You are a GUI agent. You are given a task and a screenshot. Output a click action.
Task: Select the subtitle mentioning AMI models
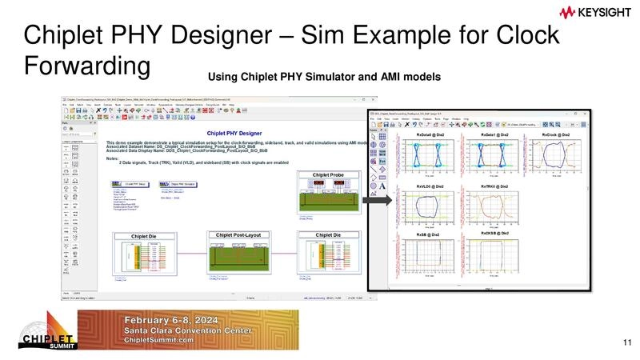[x=324, y=77]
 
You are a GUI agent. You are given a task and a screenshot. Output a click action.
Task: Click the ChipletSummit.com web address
[x=159, y=340]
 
